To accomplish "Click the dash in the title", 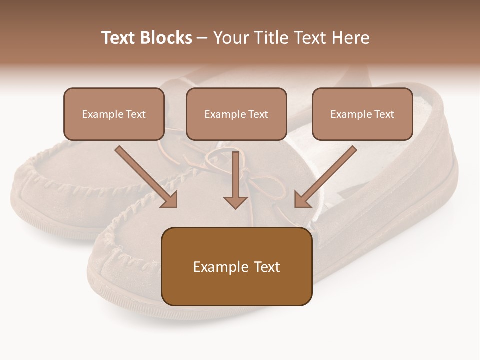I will [202, 38].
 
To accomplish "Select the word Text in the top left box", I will [136, 114].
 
